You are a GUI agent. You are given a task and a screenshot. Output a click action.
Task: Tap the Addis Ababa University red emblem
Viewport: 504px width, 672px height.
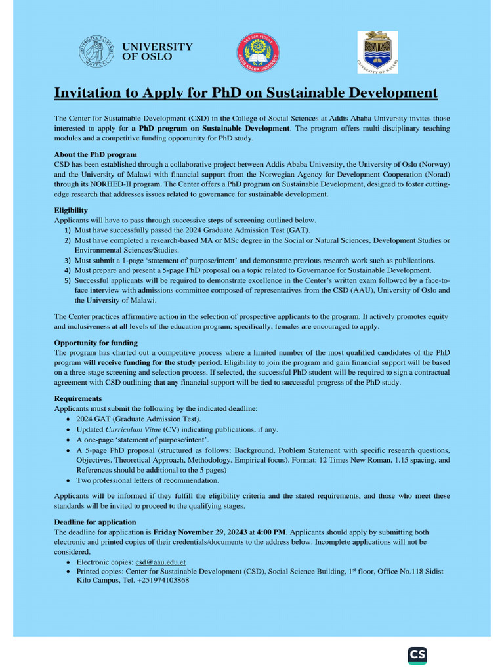click(x=258, y=52)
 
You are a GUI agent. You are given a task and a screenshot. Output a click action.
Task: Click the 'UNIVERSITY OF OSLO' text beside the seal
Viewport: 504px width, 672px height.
click(x=157, y=52)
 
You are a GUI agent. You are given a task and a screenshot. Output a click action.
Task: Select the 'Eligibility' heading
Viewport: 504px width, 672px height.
click(x=70, y=210)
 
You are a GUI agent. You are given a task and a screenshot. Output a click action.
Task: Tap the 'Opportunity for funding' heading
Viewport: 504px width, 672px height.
click(x=96, y=343)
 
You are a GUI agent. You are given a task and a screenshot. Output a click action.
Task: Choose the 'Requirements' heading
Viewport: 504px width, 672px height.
click(x=77, y=398)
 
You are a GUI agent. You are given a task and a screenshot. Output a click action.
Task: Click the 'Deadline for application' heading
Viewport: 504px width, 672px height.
click(x=94, y=522)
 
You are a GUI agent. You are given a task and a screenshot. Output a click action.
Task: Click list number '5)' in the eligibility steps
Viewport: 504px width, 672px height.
click(x=68, y=280)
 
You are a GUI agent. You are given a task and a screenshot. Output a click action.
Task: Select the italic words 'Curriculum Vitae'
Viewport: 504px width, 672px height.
click(x=129, y=429)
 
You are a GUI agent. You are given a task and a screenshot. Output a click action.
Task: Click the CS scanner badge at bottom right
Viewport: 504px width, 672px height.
click(x=417, y=655)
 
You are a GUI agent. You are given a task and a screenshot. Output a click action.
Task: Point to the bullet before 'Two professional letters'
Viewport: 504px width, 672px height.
click(x=70, y=481)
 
